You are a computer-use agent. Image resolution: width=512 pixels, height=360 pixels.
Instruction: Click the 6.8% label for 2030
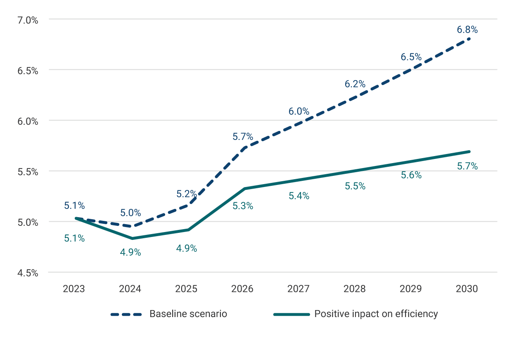tap(467, 30)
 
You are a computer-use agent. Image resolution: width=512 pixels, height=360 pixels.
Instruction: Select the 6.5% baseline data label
tap(411, 57)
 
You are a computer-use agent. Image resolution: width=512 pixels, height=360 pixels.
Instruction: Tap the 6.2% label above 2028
tap(355, 84)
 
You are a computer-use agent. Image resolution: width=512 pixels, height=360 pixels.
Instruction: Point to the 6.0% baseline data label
tap(299, 111)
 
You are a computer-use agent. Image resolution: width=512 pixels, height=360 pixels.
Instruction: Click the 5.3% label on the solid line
tap(243, 206)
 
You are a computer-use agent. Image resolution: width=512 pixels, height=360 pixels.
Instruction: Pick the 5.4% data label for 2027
tap(299, 196)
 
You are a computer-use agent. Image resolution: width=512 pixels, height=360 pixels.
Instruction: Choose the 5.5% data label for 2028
tap(355, 186)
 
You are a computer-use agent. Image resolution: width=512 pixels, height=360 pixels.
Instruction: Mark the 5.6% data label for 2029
tap(411, 175)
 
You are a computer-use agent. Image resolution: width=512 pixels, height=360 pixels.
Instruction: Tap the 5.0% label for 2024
tap(130, 213)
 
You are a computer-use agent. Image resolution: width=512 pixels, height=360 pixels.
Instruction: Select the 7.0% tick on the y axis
tap(26, 19)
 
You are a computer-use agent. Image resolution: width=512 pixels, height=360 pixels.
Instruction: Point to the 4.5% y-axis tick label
tap(26, 273)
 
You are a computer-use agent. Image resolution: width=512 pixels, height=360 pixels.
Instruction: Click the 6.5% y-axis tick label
tap(26, 70)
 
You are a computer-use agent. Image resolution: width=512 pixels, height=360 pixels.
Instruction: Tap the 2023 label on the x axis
tap(74, 289)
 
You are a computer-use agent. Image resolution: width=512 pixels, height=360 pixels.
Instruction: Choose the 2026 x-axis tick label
tap(242, 289)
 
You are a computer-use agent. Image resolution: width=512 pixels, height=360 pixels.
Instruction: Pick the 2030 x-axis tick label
tap(467, 289)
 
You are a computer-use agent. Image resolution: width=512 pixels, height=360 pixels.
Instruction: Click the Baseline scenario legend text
tap(188, 314)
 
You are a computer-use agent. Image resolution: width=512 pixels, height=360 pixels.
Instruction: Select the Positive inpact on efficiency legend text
tap(376, 314)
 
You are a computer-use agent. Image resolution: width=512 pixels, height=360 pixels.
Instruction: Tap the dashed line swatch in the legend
tap(126, 314)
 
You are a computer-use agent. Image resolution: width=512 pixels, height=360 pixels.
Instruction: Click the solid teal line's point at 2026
tap(244, 189)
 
